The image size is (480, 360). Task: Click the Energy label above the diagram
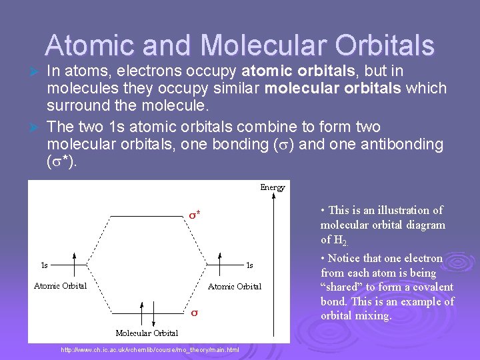point(272,187)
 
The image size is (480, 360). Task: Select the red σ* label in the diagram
point(195,215)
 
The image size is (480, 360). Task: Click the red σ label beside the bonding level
point(195,313)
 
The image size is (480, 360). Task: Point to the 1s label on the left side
point(45,265)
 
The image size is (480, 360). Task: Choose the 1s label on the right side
point(249,265)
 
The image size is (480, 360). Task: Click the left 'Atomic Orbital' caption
point(61,286)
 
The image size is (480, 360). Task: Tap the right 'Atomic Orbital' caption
point(235,287)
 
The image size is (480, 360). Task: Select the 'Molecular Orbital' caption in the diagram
point(147,333)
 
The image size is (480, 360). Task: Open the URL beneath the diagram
point(150,350)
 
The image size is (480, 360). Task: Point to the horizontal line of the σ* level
point(147,216)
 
